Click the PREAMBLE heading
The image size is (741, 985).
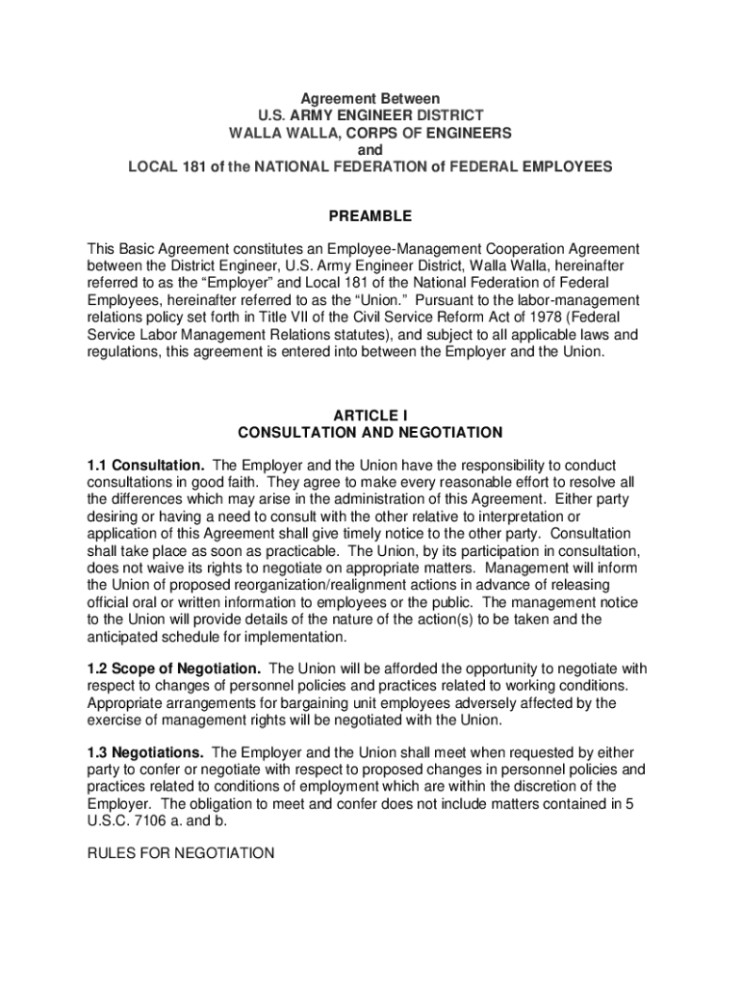[x=370, y=216]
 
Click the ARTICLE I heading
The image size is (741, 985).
[x=370, y=416]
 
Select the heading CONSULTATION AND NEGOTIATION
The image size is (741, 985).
[x=370, y=433]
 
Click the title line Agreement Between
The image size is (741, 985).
[x=370, y=99]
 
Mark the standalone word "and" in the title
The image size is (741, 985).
[x=370, y=150]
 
